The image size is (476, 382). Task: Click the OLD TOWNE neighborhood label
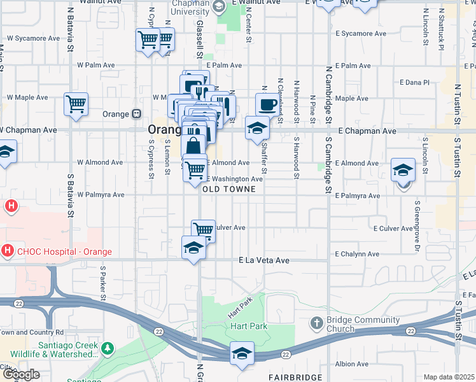coord(229,190)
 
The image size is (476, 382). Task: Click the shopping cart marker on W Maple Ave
coord(76,104)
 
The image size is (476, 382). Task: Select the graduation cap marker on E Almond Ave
coord(403,170)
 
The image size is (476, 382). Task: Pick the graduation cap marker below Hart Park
coord(242,353)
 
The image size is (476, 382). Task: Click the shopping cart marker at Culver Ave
coord(203,230)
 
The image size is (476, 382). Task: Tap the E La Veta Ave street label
coord(264,260)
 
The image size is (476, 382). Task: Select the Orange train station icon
coord(136,114)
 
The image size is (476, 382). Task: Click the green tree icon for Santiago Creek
coord(108,348)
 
